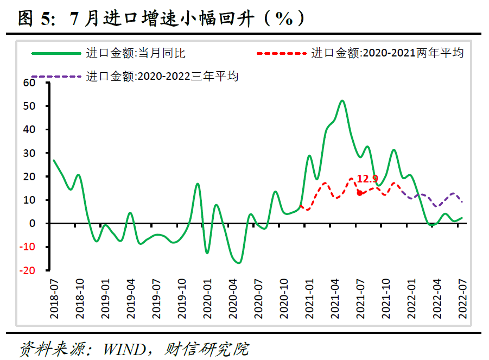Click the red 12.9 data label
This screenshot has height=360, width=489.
tap(367, 178)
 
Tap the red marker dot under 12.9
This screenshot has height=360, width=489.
tap(359, 193)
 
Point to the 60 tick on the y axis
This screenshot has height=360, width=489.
tap(28, 83)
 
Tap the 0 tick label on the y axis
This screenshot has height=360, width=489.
tap(32, 223)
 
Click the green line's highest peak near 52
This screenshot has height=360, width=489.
tap(342, 101)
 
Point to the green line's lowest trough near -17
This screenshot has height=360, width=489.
tap(239, 263)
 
